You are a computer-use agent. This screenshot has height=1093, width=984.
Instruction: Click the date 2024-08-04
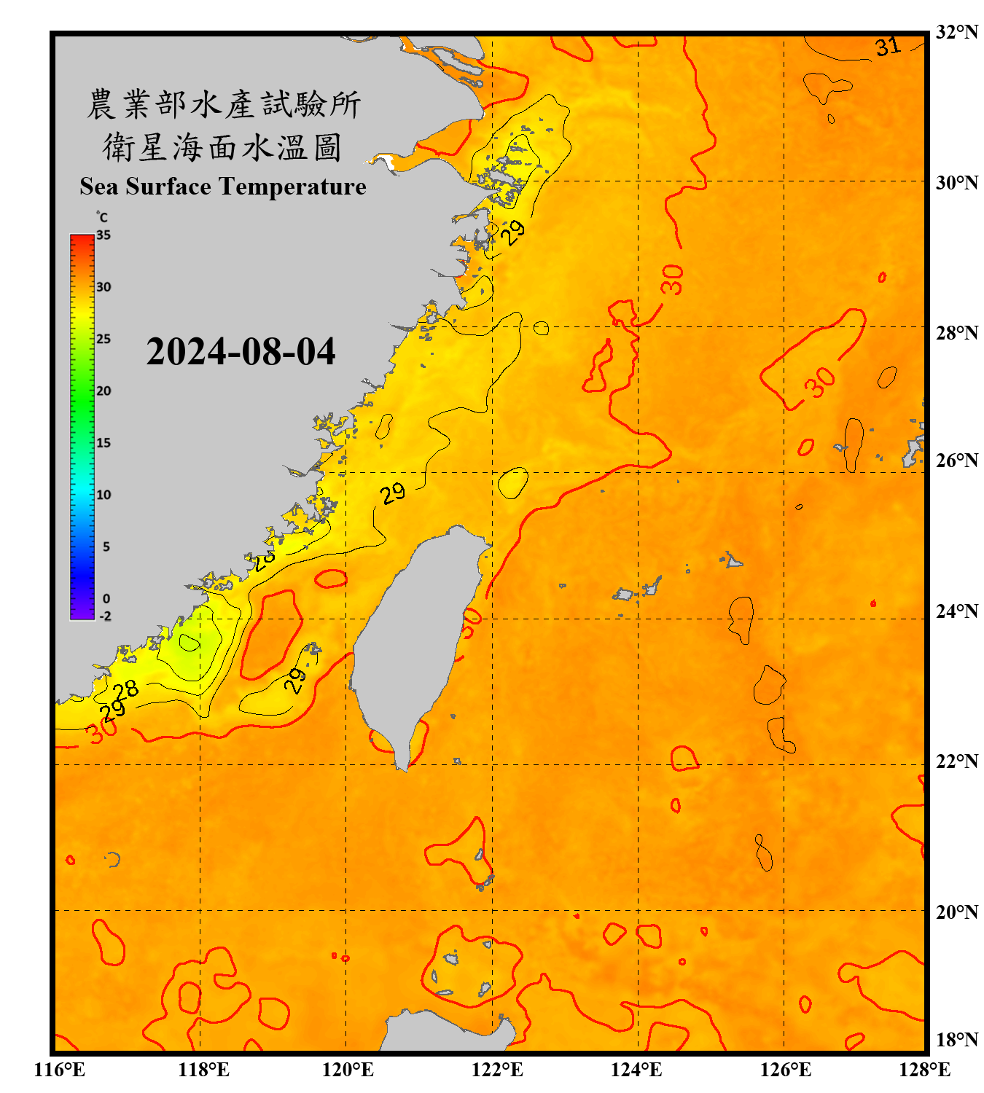pos(241,352)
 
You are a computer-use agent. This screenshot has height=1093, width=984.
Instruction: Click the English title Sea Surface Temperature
pos(223,187)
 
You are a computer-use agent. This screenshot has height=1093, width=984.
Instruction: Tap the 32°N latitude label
pos(956,32)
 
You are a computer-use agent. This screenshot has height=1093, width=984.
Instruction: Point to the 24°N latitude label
pos(956,611)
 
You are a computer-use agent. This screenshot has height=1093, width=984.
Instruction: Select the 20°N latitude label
pos(956,912)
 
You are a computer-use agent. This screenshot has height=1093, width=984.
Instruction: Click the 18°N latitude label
pos(956,1039)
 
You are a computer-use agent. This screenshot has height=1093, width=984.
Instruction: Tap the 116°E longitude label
pos(60,1070)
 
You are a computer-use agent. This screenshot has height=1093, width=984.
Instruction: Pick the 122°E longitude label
pos(497,1070)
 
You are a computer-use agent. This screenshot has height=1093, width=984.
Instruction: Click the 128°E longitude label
pos(924,1070)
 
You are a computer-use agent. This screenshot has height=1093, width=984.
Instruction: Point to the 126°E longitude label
pos(785,1070)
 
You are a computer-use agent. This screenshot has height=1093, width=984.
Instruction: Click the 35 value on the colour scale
pos(104,235)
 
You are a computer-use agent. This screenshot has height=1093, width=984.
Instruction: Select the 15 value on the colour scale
pos(104,443)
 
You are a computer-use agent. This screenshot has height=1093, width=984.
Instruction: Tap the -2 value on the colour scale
pos(105,616)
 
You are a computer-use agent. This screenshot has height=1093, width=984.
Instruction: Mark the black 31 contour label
pos(888,47)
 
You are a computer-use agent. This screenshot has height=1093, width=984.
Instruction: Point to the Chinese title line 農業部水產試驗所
pos(223,104)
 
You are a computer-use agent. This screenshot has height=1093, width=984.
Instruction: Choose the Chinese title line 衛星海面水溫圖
pos(223,148)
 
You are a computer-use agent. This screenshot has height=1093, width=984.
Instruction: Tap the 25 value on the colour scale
pos(104,339)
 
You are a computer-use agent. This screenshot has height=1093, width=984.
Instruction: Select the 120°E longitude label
pos(348,1070)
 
